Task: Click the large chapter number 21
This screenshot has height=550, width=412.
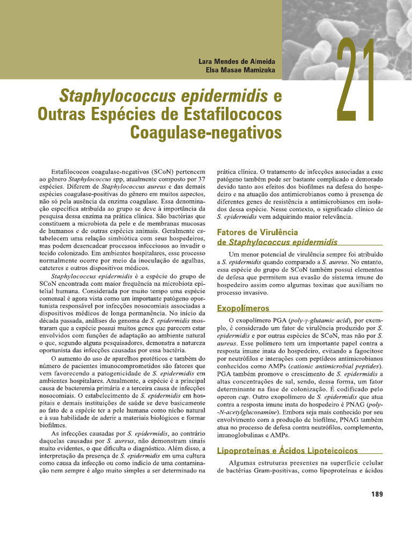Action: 355,81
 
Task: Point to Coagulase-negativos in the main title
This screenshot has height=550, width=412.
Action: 206,131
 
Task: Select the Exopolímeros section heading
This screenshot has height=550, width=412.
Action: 243,308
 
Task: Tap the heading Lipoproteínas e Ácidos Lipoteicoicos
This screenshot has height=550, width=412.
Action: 287,450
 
